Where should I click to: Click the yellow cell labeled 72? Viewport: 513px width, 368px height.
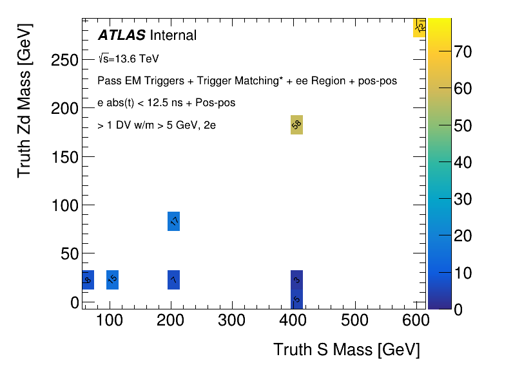click(420, 28)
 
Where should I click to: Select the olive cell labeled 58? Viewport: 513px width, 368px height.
click(296, 125)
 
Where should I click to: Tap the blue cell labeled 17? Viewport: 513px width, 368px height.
click(173, 221)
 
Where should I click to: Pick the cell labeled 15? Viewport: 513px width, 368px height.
click(112, 280)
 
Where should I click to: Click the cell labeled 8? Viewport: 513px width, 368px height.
click(88, 280)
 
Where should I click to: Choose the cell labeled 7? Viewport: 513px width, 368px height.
click(173, 280)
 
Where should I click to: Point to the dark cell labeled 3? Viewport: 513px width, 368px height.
click(296, 279)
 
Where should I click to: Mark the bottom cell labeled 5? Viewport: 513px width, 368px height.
click(296, 299)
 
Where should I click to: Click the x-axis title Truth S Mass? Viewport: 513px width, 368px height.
click(346, 349)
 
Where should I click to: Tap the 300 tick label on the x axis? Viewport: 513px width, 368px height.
click(231, 320)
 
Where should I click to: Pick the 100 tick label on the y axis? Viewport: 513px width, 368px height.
click(61, 205)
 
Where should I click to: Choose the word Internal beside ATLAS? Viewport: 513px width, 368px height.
click(173, 35)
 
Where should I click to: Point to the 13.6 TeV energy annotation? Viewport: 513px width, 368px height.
click(128, 59)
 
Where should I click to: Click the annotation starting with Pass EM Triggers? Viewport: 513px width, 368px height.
click(247, 81)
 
